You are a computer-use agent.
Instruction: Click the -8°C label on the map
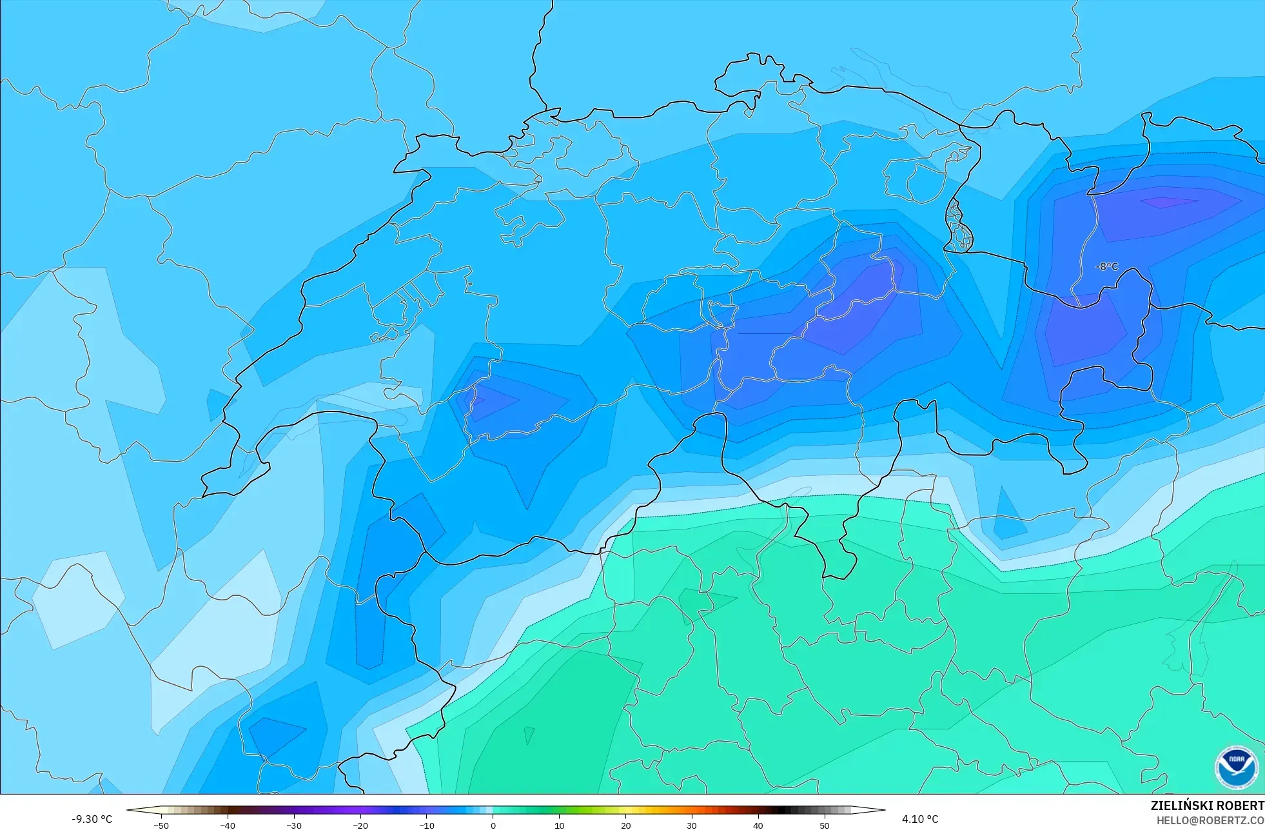[1107, 266]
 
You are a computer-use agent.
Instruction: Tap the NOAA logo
[1236, 768]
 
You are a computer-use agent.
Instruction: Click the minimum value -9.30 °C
[92, 819]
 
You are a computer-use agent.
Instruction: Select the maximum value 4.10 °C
[920, 819]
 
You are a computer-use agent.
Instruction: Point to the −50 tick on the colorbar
[161, 825]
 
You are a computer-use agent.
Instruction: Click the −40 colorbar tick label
[228, 825]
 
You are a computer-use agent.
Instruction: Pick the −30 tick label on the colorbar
[294, 825]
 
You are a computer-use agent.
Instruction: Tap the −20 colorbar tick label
[360, 825]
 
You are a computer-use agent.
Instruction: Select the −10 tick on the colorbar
[427, 825]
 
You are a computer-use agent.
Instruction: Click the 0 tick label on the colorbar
[493, 825]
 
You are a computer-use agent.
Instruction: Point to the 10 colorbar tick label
[560, 825]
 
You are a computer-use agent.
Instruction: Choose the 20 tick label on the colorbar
[626, 825]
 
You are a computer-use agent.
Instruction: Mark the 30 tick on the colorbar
[692, 825]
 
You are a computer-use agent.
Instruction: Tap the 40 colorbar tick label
[758, 825]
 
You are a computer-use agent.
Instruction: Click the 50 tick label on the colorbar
[825, 825]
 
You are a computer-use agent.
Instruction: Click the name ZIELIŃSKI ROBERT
[1207, 805]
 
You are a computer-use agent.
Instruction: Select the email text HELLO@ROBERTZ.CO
[1210, 820]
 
